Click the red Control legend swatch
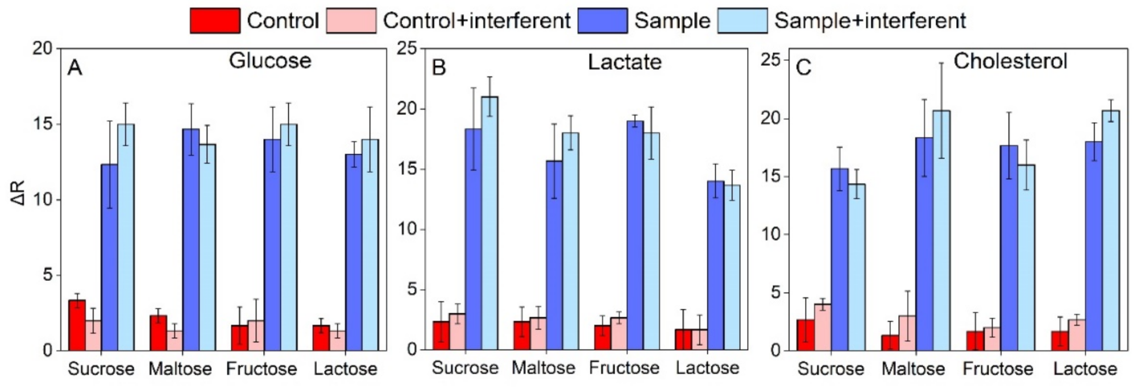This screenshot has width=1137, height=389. (x=214, y=21)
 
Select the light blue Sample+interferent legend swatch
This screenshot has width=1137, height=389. (x=742, y=21)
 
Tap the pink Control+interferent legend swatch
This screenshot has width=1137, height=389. (x=351, y=21)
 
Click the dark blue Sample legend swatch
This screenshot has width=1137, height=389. (x=603, y=21)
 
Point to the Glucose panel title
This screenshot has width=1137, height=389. (x=270, y=61)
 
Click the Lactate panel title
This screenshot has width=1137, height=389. (x=624, y=62)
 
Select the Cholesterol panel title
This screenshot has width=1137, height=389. (x=1010, y=61)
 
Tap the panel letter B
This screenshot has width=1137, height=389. (x=438, y=68)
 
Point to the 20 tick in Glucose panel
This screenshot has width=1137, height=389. (x=42, y=48)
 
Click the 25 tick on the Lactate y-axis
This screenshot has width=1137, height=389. (x=406, y=49)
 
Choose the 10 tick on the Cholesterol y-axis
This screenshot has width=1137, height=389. (x=771, y=234)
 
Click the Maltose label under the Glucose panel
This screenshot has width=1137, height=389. (x=180, y=369)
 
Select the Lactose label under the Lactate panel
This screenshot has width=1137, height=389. (x=707, y=368)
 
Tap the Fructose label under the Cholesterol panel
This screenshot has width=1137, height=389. (x=997, y=369)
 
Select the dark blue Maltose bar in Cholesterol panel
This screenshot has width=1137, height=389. (x=924, y=244)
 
